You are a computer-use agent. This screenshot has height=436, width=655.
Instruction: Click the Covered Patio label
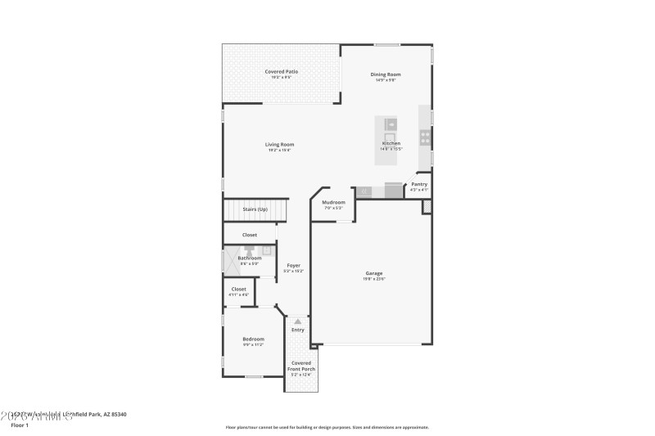281,72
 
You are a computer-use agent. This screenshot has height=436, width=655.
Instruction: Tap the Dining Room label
386,74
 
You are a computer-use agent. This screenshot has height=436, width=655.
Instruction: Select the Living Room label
279,145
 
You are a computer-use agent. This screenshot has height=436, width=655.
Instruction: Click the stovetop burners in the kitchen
425,136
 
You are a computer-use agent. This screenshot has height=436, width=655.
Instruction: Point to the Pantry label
419,184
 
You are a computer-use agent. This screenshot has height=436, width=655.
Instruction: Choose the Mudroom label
333,202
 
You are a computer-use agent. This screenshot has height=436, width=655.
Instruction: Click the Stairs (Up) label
255,209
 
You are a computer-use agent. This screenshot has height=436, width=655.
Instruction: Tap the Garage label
374,272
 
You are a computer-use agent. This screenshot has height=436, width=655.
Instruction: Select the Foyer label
293,265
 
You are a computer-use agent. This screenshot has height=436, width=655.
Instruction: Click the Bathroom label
250,258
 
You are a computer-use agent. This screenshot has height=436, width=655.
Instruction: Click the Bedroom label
253,339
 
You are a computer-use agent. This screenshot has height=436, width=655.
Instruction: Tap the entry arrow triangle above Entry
298,321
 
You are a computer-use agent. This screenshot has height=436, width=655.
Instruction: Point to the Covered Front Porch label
300,366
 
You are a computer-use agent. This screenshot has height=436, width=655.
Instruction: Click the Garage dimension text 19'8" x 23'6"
374,279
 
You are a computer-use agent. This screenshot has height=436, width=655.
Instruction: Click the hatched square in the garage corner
427,207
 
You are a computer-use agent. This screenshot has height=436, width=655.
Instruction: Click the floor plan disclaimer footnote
327,427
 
